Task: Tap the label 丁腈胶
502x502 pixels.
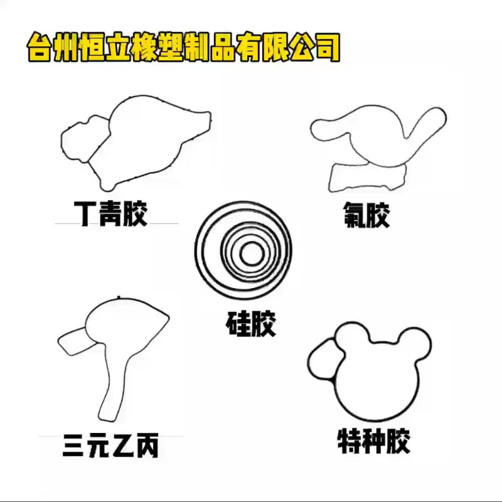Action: (x=110, y=213)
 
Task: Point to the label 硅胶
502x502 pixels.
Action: (x=250, y=323)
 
